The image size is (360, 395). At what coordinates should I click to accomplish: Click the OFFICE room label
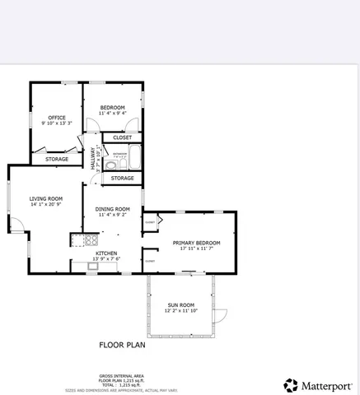[56, 118]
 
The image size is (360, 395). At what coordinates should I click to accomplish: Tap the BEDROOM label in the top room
[113, 108]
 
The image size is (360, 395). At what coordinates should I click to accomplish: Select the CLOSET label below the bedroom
[122, 137]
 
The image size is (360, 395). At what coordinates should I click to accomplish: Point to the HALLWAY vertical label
[93, 159]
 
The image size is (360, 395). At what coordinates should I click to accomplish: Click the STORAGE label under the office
[56, 159]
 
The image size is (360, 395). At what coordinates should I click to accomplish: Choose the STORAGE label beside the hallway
[122, 178]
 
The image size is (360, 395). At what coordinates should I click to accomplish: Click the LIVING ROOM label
[45, 198]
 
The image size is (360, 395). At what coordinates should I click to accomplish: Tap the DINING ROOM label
[112, 209]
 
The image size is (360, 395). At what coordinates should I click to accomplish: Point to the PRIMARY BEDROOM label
[196, 243]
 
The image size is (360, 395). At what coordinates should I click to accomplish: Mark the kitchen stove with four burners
[76, 240]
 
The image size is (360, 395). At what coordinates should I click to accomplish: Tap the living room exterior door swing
[16, 225]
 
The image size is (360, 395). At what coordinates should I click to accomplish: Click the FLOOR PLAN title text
[122, 346]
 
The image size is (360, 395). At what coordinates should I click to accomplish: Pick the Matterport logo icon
[291, 385]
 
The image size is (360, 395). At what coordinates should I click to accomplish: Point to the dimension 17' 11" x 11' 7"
[196, 249]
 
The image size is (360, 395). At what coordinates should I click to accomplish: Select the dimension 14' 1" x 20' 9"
[45, 205]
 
